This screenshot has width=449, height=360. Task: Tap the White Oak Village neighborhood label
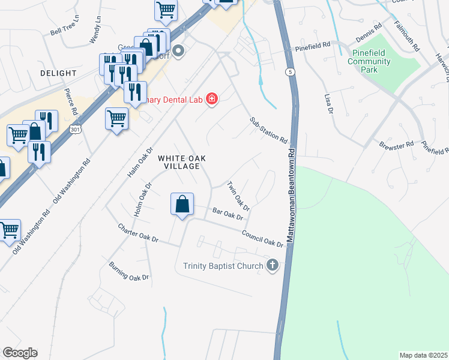click(182, 162)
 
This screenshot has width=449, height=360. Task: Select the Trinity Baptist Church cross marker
click(273, 266)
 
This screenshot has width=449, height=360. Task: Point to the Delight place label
click(58, 73)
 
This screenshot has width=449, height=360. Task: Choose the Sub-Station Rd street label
click(269, 130)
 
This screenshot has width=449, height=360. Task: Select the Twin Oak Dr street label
click(238, 196)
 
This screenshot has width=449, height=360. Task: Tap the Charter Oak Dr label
click(138, 233)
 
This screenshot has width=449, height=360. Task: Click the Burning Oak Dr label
click(128, 271)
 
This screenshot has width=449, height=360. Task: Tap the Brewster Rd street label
click(397, 145)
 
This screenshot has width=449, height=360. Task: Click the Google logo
click(20, 353)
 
